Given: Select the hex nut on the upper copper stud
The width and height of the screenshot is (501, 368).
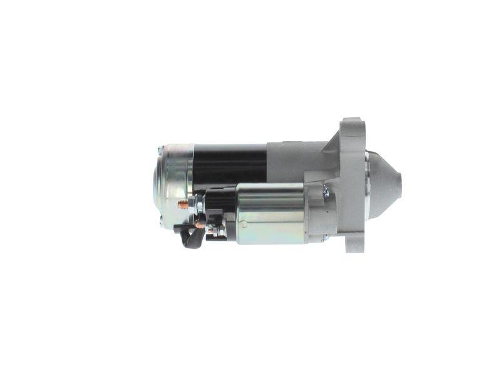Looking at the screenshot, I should pos(198,202).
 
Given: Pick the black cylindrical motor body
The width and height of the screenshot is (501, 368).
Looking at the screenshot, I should pos(229,163).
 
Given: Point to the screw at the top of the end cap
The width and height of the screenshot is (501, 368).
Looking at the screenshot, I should pos(161,150).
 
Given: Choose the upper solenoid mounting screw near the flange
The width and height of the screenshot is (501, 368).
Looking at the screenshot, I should pos(325,191).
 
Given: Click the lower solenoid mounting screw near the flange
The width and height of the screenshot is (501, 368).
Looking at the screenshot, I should pos(324,237).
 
